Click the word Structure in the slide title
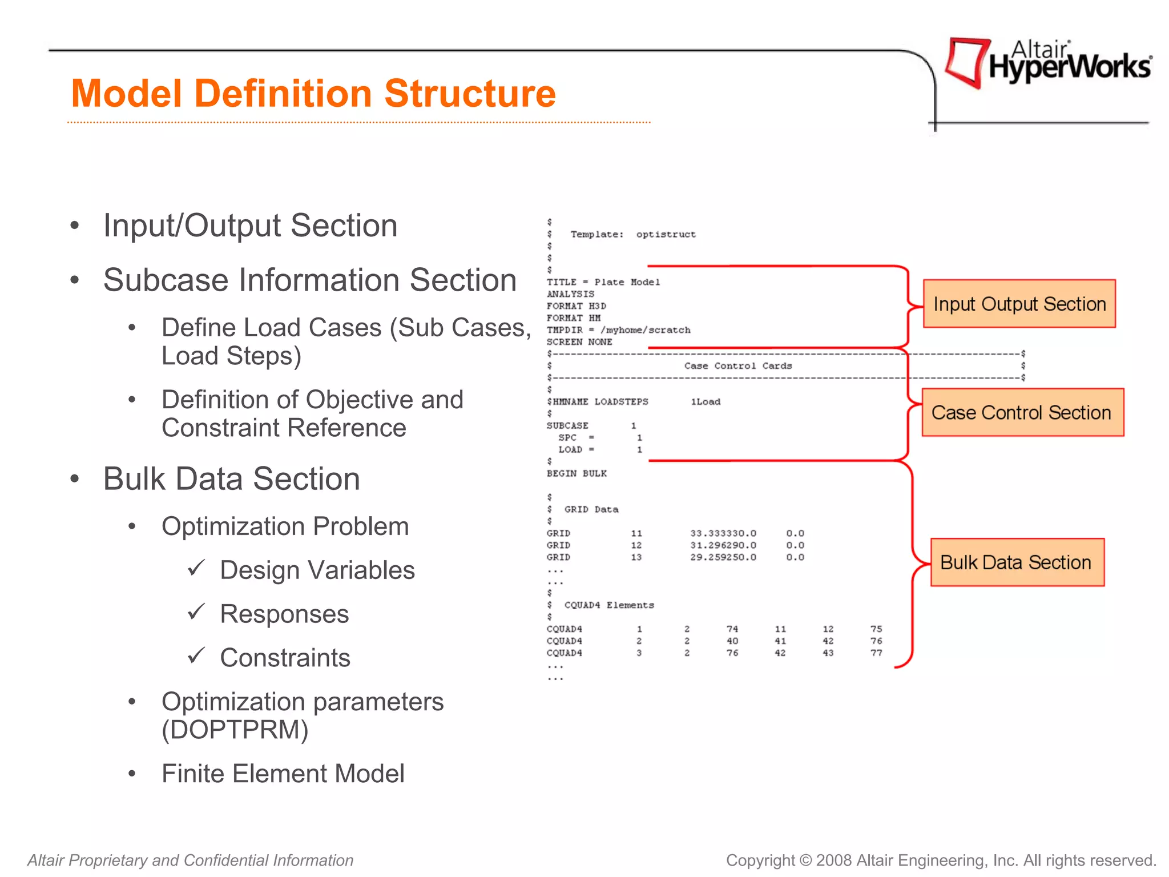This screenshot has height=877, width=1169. click(x=470, y=94)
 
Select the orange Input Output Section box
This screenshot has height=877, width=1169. click(x=1019, y=304)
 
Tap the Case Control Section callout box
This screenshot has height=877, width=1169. click(x=1022, y=412)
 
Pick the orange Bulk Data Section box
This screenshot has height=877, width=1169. click(x=1017, y=562)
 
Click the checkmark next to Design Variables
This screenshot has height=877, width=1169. click(x=196, y=568)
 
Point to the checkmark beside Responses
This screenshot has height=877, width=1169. click(x=196, y=612)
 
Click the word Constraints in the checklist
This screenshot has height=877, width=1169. click(x=285, y=658)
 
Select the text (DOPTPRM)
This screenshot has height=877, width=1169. click(x=235, y=730)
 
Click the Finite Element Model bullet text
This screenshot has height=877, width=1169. click(x=283, y=774)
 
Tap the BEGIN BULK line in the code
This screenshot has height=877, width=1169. click(x=577, y=473)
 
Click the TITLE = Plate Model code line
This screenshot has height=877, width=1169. click(x=603, y=282)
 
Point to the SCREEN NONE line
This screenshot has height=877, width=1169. click(x=579, y=342)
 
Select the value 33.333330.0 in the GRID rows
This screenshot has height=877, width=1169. click(x=723, y=533)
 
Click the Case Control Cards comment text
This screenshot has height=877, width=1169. click(x=737, y=366)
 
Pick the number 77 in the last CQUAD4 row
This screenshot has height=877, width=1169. click(x=876, y=653)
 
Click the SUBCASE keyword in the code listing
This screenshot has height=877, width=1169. click(x=567, y=425)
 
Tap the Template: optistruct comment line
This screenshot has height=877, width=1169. click(x=632, y=235)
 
